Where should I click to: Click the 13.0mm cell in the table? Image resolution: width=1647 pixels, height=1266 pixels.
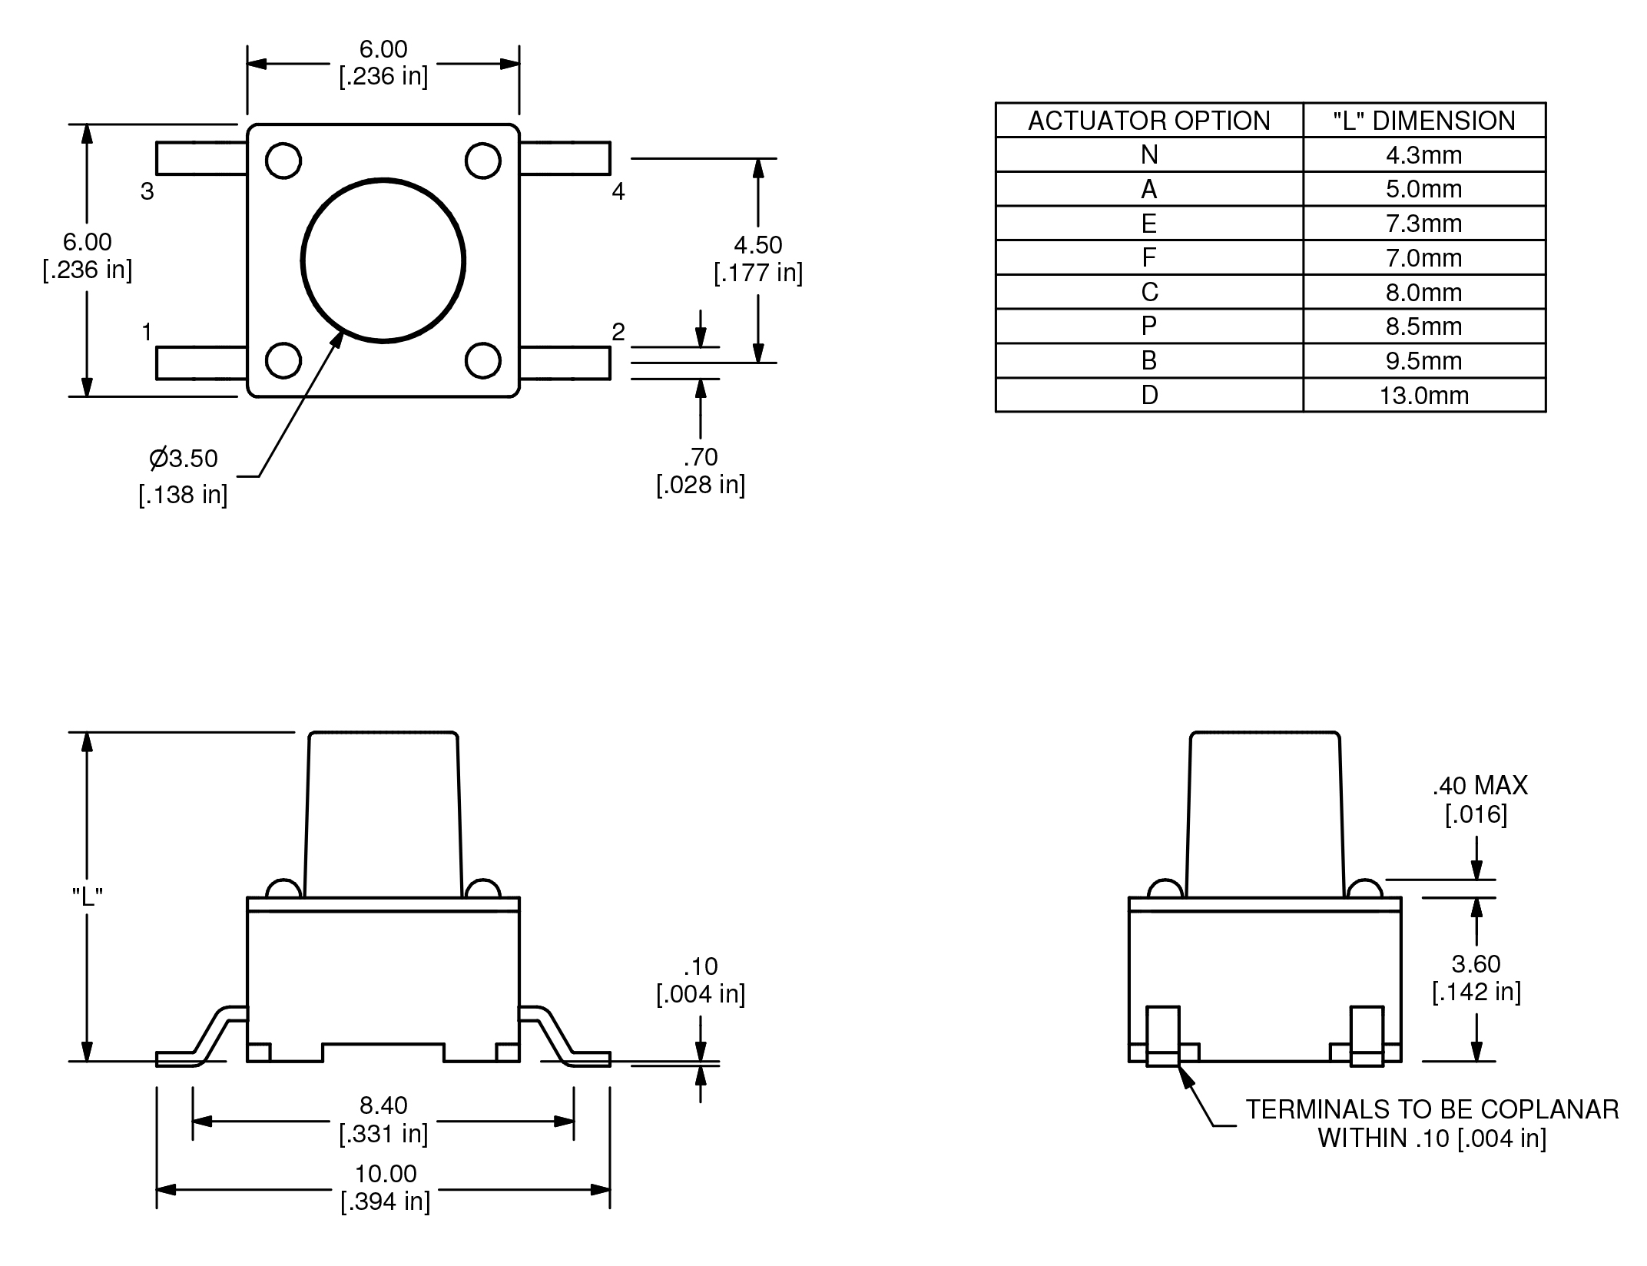coord(1423,396)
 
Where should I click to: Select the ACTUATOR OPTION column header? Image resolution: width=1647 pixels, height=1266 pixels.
coord(1148,121)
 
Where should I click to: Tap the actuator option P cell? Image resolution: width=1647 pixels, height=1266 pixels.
coord(1148,326)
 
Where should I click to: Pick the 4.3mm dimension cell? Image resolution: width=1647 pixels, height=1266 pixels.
coord(1423,155)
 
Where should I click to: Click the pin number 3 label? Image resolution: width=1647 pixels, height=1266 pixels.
coord(147,191)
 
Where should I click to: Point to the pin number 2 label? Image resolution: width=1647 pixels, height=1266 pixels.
coord(618,332)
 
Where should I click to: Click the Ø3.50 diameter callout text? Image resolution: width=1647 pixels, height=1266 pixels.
coord(184,459)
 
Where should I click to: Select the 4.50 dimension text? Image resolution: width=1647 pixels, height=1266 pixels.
coord(758,245)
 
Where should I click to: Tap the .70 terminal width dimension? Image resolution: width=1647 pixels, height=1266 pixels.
coord(701,457)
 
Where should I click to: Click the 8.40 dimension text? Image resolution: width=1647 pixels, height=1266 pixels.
coord(383,1105)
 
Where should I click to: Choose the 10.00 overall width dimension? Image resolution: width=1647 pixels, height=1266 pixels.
coord(385,1174)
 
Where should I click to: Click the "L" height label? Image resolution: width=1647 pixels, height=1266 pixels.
coord(88,896)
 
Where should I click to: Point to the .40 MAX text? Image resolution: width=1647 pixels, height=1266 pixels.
coord(1480,785)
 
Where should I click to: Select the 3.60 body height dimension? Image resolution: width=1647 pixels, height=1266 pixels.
coord(1476,963)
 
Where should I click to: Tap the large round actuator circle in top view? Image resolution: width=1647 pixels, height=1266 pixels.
coord(383,260)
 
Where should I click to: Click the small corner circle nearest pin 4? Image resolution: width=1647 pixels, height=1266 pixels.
coord(483,161)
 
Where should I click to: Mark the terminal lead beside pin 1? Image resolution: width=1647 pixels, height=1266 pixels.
coord(201,363)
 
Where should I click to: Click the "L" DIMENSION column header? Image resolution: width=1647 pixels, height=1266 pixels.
coord(1423,121)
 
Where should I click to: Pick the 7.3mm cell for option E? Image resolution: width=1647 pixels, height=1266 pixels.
coord(1423,224)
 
